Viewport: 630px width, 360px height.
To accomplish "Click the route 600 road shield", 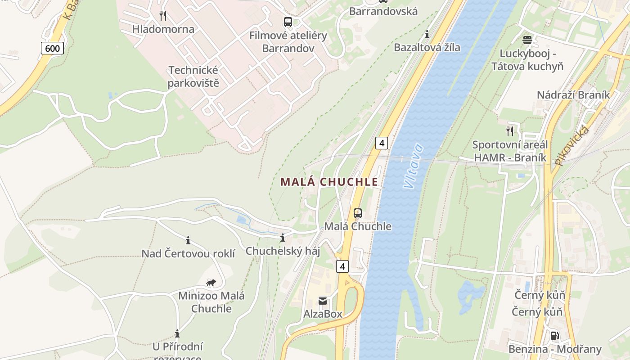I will [52, 48].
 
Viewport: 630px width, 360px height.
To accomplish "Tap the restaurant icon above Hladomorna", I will [163, 16].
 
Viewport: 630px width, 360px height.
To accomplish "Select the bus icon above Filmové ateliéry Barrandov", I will [288, 22].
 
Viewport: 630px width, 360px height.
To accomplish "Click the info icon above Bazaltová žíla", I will [427, 34].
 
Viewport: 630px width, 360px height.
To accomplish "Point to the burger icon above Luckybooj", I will [527, 40].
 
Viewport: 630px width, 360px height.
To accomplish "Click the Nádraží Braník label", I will [573, 95].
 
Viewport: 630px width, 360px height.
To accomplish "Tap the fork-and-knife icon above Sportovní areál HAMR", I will [510, 131].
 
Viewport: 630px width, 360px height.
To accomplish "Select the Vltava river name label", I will [413, 166].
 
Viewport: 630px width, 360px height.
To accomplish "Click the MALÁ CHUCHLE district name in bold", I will [329, 182].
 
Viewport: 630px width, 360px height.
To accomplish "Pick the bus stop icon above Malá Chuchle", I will [358, 213].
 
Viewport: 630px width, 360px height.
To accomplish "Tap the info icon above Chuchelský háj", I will [283, 238].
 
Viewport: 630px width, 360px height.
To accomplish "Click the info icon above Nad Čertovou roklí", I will [188, 240].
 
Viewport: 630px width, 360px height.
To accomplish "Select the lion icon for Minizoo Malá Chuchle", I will [211, 283].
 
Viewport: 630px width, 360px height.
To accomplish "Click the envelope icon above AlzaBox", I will [323, 301].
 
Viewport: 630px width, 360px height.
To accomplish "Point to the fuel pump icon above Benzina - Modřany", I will [554, 336].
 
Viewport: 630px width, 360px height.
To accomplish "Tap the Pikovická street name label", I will [572, 146].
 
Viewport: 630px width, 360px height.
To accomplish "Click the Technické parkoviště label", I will [193, 76].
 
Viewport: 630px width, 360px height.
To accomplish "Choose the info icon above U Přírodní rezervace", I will [177, 333].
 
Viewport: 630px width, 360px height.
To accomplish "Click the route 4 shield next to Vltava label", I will [381, 143].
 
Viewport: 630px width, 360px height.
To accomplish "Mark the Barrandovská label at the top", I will [383, 11].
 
